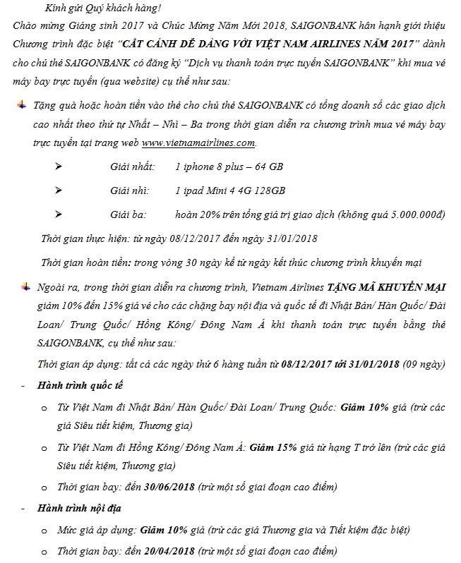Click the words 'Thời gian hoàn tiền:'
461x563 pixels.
coord(85,262)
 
